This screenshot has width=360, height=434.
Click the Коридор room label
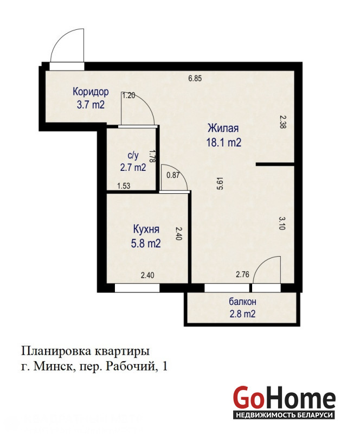(x=91, y=91)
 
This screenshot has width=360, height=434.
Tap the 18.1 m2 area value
(x=223, y=143)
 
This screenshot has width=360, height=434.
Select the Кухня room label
(x=146, y=229)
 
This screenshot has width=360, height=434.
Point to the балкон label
(x=242, y=302)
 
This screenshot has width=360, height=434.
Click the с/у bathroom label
(x=133, y=156)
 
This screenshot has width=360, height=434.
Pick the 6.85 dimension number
(x=195, y=78)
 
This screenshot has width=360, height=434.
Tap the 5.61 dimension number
(x=220, y=183)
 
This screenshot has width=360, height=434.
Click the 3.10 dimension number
(x=281, y=224)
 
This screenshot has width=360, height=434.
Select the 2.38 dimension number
(x=282, y=122)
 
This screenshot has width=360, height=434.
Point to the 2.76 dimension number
(x=242, y=275)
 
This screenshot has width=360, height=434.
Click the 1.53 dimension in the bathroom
(x=124, y=186)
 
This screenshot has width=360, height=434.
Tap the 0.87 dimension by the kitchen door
(x=173, y=175)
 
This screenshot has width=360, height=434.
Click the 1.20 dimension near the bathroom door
(x=128, y=95)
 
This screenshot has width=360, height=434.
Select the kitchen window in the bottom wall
(x=137, y=288)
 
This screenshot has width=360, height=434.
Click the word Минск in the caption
(x=54, y=367)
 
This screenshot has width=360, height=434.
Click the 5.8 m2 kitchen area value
(x=146, y=244)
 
